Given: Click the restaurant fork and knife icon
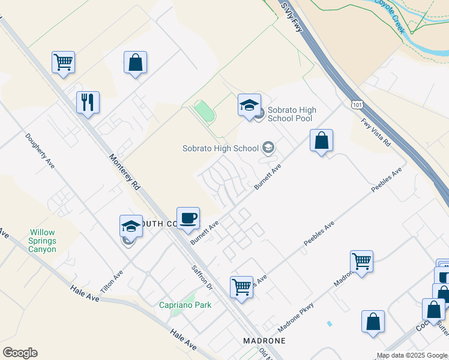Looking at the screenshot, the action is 88,102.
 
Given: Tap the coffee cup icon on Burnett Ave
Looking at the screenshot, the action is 188,218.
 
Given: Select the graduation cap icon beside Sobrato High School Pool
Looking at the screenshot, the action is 250,105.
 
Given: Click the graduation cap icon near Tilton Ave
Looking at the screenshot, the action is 131,226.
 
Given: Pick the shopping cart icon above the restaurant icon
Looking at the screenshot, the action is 63,62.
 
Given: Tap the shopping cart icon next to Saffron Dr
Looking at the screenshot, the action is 241,287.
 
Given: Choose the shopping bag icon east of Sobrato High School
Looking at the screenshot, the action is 322,140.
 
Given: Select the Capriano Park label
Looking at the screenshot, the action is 185,305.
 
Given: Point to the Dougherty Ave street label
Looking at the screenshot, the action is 40,150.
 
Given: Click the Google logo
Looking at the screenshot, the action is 20,353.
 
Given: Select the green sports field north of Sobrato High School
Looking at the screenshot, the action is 204,111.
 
